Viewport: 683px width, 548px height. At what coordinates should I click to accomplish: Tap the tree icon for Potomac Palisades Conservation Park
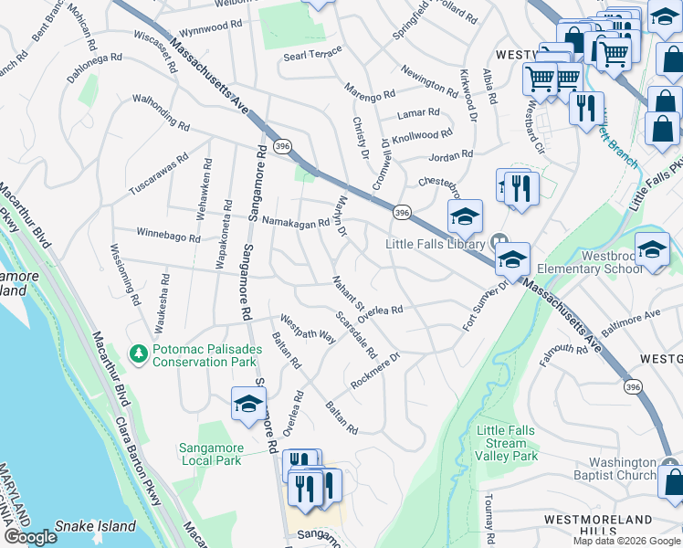click(x=139, y=352)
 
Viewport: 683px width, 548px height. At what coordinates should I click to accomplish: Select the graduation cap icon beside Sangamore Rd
click(x=248, y=405)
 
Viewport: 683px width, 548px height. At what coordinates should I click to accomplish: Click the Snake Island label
click(x=95, y=526)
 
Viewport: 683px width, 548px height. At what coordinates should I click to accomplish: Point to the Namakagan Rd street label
click(x=295, y=222)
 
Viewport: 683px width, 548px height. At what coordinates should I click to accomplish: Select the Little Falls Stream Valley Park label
click(x=508, y=443)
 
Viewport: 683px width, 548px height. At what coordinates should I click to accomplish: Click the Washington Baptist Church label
click(x=622, y=469)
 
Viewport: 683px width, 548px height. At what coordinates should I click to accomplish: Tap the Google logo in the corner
click(x=30, y=537)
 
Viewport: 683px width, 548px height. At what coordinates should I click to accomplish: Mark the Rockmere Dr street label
click(x=375, y=370)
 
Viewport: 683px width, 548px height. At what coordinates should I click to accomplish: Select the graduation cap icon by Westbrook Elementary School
click(x=652, y=248)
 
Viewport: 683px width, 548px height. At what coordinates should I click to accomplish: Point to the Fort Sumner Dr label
click(x=484, y=306)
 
